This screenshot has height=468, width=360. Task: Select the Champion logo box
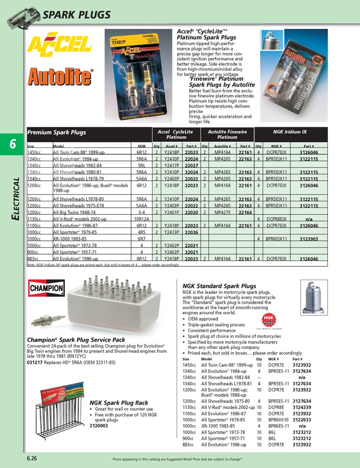click(47, 289)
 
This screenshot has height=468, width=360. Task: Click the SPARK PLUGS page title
click(76, 15)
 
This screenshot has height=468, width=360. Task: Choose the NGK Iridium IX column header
click(290, 132)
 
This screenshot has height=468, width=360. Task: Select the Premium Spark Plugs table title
click(57, 132)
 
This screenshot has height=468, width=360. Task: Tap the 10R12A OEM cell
click(142, 219)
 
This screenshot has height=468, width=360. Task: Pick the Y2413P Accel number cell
click(172, 232)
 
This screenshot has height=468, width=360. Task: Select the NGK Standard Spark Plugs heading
click(219, 286)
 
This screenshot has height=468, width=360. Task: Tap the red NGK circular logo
click(269, 320)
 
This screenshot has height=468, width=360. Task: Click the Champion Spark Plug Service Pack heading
click(76, 340)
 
